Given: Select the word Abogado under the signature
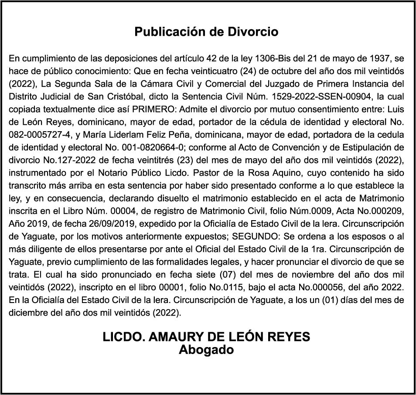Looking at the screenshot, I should (x=206, y=350).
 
